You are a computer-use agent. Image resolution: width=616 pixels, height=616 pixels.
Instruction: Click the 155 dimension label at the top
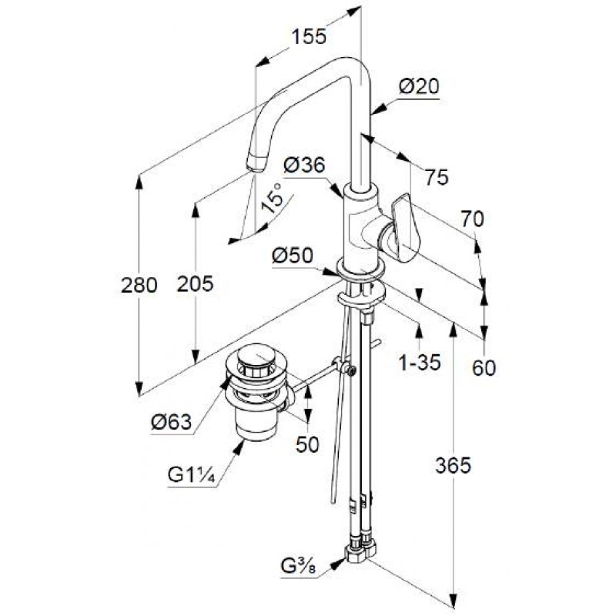coord(309,36)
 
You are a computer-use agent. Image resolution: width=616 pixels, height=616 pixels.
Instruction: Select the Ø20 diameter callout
coord(419,86)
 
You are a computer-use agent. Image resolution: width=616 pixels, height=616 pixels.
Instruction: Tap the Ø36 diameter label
coord(304,165)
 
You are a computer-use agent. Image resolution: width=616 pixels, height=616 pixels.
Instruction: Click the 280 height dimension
coord(139,285)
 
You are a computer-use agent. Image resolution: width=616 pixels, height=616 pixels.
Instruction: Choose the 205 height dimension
coord(195,283)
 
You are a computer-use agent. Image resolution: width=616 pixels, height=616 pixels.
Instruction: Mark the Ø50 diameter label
coord(293,256)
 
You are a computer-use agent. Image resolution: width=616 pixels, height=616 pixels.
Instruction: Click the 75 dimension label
coord(437,177)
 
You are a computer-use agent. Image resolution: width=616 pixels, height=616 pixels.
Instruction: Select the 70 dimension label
coord(472,219)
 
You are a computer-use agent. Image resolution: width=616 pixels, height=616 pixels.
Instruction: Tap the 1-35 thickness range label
coord(420,362)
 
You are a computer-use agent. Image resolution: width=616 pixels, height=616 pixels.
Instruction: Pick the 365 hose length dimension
coord(453,466)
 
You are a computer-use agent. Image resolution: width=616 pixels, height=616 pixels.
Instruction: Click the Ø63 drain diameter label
coord(171,423)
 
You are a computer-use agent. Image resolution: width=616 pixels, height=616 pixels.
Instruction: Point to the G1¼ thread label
coord(191,475)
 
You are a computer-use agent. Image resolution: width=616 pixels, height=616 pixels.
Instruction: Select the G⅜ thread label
coord(299,567)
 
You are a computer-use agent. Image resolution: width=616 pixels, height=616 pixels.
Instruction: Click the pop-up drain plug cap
coord(256,356)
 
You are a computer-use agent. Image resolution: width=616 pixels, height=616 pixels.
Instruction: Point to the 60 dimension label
coord(484,368)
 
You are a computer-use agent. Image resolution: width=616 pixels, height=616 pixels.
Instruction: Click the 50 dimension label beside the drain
coord(307,445)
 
